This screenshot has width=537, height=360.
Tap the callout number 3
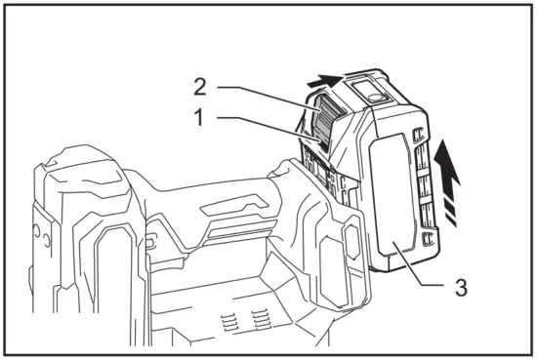pyautogui.click(x=460, y=288)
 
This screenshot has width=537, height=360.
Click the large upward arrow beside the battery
pyautogui.click(x=446, y=161)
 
